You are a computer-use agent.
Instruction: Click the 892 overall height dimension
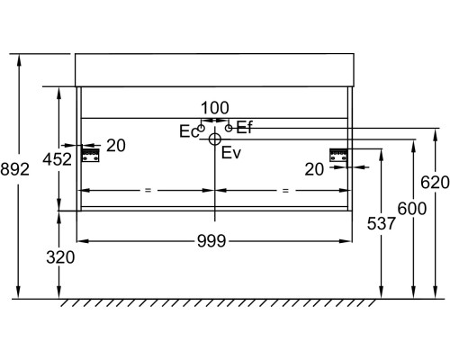pyautogui.click(x=14, y=169)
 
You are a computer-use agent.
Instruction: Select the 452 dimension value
pyautogui.click(x=58, y=159)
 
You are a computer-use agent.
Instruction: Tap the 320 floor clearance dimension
pyautogui.click(x=60, y=257)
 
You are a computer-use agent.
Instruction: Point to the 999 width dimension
pyautogui.click(x=211, y=241)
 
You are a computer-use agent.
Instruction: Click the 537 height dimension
pyautogui.click(x=382, y=223)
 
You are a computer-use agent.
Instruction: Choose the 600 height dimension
pyautogui.click(x=412, y=209)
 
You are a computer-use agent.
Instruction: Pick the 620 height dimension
pyautogui.click(x=435, y=183)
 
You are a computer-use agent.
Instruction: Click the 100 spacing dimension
pyautogui.click(x=215, y=108)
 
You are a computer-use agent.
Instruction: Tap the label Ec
pyautogui.click(x=189, y=131)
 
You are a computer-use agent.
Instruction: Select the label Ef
pyautogui.click(x=245, y=128)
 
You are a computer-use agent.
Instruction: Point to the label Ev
pyautogui.click(x=231, y=153)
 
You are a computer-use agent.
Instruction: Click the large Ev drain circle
pyautogui.click(x=215, y=139)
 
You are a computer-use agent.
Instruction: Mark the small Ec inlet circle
pyautogui.click(x=202, y=128)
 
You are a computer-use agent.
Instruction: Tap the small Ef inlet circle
pyautogui.click(x=229, y=128)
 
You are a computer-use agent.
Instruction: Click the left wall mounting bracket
pyautogui.click(x=91, y=155)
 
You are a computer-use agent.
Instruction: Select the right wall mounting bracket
pyautogui.click(x=338, y=155)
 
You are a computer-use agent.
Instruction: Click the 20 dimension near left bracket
pyautogui.click(x=116, y=146)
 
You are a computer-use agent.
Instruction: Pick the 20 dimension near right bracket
pyautogui.click(x=314, y=169)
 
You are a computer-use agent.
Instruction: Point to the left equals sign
pyautogui.click(x=148, y=190)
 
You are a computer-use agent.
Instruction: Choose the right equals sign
pyautogui.click(x=285, y=190)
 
